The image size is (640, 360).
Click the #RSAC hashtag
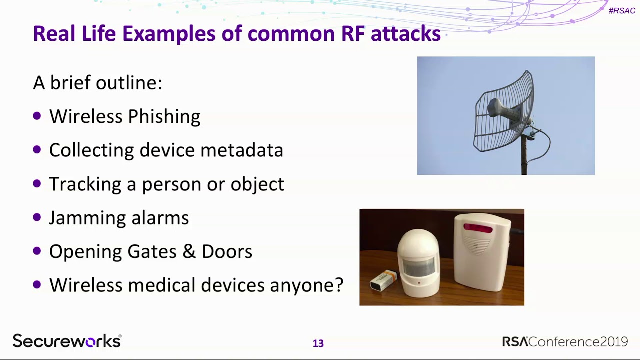[622, 11]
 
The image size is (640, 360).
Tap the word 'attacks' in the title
[405, 33]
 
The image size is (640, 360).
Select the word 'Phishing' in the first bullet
[164, 117]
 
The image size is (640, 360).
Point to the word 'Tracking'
[85, 184]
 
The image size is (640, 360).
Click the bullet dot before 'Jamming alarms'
[37, 217]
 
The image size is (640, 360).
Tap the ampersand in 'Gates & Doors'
[189, 251]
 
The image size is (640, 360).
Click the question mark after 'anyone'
[339, 284]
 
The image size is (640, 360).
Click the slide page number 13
[318, 343]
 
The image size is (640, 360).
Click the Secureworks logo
[67, 341]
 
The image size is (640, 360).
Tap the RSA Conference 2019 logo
[565, 341]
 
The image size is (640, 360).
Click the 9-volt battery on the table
[383, 280]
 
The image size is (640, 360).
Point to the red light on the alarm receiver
[478, 228]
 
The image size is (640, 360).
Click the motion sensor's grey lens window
[418, 267]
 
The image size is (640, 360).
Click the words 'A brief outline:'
[97, 83]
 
